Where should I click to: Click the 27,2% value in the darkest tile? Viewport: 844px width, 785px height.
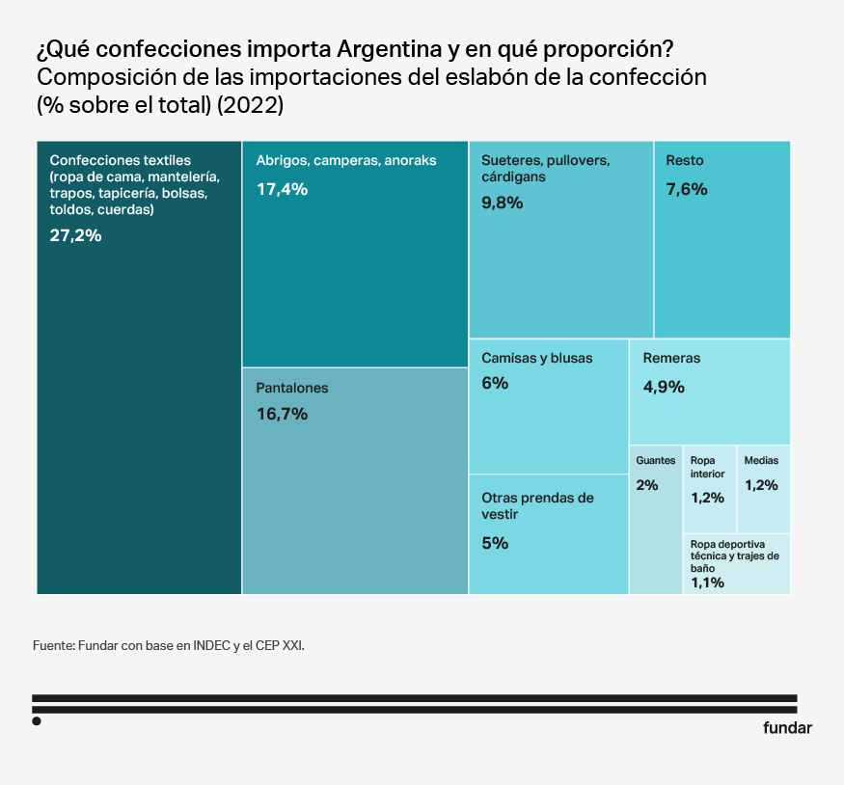click(75, 234)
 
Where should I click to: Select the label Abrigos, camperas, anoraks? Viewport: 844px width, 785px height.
click(346, 161)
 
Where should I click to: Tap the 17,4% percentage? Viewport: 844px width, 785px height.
click(282, 189)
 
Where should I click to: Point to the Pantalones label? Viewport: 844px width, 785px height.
click(292, 388)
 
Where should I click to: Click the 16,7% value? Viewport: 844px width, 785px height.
click(282, 415)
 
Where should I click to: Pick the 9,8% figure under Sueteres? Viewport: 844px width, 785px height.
click(502, 203)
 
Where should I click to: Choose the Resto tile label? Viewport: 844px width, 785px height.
click(685, 161)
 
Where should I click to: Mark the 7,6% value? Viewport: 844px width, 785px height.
click(687, 189)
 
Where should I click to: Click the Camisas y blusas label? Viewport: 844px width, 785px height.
click(537, 358)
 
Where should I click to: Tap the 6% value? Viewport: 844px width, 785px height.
click(495, 383)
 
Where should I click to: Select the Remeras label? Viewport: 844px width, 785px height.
click(671, 358)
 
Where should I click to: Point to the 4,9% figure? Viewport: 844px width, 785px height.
click(664, 387)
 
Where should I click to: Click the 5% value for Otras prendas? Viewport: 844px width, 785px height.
click(495, 543)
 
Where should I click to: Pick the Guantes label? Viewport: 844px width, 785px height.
click(656, 461)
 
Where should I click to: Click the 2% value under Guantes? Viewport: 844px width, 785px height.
click(647, 485)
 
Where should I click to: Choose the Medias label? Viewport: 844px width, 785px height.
click(761, 461)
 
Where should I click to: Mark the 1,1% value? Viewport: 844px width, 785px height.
click(707, 582)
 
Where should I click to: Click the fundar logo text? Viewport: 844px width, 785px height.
click(787, 728)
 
